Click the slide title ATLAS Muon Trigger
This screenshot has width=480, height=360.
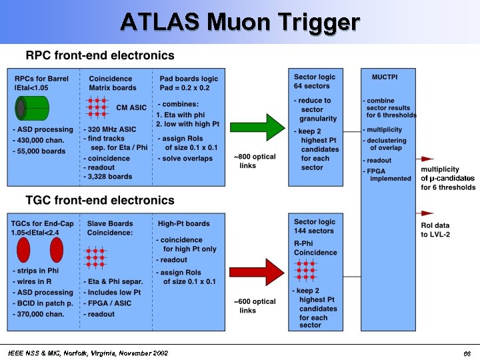click(240, 22)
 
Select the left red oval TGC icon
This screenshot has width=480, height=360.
click(23, 250)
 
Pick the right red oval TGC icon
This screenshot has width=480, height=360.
click(56, 250)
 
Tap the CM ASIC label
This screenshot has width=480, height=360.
click(131, 107)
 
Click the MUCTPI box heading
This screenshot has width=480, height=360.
click(385, 77)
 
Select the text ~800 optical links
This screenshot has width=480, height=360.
click(254, 161)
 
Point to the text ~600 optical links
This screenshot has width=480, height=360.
click(254, 306)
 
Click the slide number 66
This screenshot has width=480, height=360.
click(467, 353)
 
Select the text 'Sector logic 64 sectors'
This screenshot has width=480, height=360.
click(315, 81)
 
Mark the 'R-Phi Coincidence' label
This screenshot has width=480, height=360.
click(315, 248)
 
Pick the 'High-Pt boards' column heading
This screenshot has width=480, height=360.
click(183, 223)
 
